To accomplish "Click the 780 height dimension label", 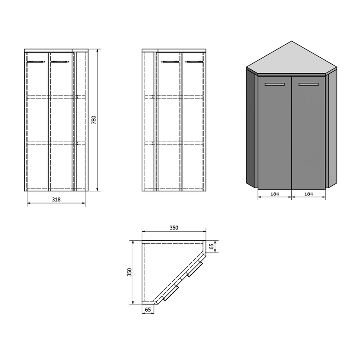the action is (x=94, y=120).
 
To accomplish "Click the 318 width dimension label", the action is (x=56, y=200).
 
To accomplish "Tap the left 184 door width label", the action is (x=275, y=194).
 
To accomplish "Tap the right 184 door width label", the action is (x=308, y=194).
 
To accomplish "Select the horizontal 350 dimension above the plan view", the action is (x=174, y=228).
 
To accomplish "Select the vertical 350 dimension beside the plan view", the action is (x=130, y=272).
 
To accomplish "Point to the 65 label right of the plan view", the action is (x=212, y=246).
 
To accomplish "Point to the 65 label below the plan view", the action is (x=148, y=310).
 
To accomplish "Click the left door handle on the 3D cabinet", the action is (x=275, y=85).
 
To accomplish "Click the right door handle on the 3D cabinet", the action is (x=308, y=85).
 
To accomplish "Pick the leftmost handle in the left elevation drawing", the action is (x=36, y=62).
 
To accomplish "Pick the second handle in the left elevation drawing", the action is (x=60, y=62).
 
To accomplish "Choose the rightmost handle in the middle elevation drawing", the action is (x=194, y=62).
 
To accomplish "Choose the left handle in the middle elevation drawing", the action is (x=170, y=62).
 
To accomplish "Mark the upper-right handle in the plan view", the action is (x=195, y=268).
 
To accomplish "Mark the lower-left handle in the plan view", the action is (x=170, y=293).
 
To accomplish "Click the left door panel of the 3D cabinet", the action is (x=275, y=133).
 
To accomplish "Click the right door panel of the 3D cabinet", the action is (x=308, y=133).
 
